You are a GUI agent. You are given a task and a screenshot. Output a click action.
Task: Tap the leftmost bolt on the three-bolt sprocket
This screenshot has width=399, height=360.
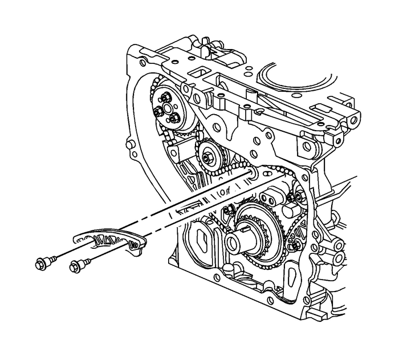(159, 112)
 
